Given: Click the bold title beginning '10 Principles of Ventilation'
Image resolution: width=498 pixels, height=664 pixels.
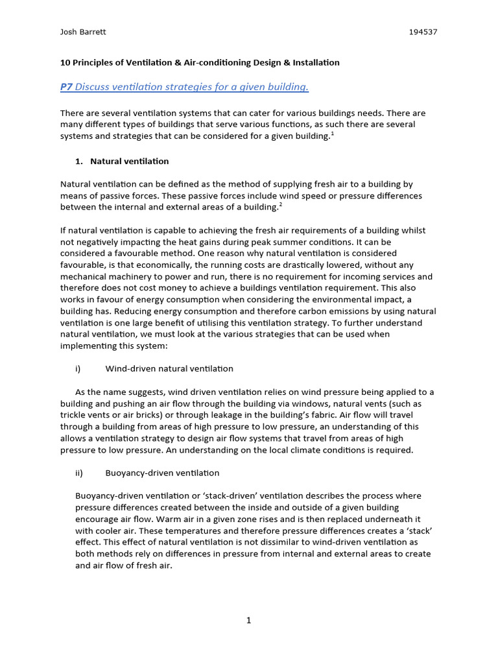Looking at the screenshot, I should point(200,63).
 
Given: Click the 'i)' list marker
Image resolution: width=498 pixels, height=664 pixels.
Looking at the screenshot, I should point(78,369).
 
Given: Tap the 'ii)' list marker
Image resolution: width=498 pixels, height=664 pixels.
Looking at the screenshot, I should point(79,473).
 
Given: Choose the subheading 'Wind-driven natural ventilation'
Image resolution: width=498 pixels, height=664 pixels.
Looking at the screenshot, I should point(169,369).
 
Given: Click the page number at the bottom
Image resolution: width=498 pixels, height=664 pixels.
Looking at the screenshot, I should point(248,621).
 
